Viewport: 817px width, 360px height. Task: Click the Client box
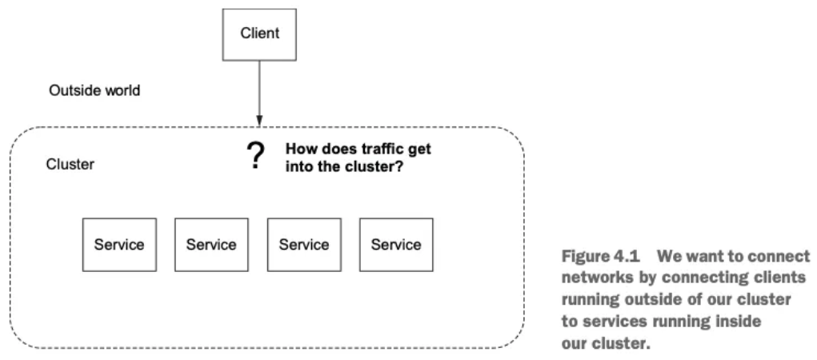tap(259, 34)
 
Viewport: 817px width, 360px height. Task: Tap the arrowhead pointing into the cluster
tap(259, 121)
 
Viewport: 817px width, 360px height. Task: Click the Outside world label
tap(94, 90)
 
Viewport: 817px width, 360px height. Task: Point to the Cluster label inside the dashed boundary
tap(70, 165)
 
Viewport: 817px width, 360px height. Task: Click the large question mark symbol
tap(255, 156)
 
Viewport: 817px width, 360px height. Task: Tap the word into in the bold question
tap(297, 168)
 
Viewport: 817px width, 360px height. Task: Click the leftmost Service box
tap(119, 245)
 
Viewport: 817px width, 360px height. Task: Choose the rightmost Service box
tap(396, 245)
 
